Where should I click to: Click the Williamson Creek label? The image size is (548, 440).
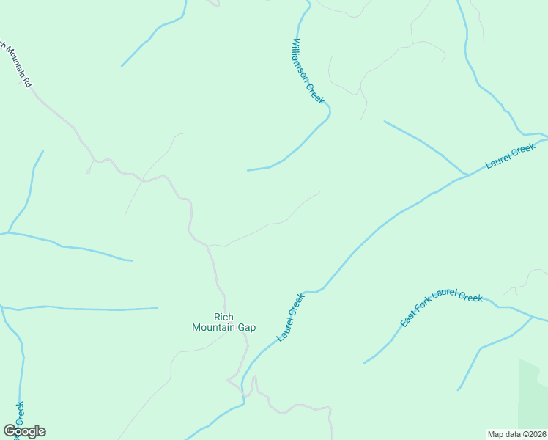point(308,71)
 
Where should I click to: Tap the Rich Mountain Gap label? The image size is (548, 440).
point(223,322)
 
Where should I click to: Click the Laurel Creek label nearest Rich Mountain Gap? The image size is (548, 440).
point(291,317)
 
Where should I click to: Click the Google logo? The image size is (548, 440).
point(24,431)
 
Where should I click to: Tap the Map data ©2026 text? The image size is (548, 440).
point(516,433)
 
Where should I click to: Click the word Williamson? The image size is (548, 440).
point(302,60)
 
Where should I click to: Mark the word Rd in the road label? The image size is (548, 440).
point(28,83)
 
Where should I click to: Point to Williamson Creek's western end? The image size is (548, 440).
point(248,170)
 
